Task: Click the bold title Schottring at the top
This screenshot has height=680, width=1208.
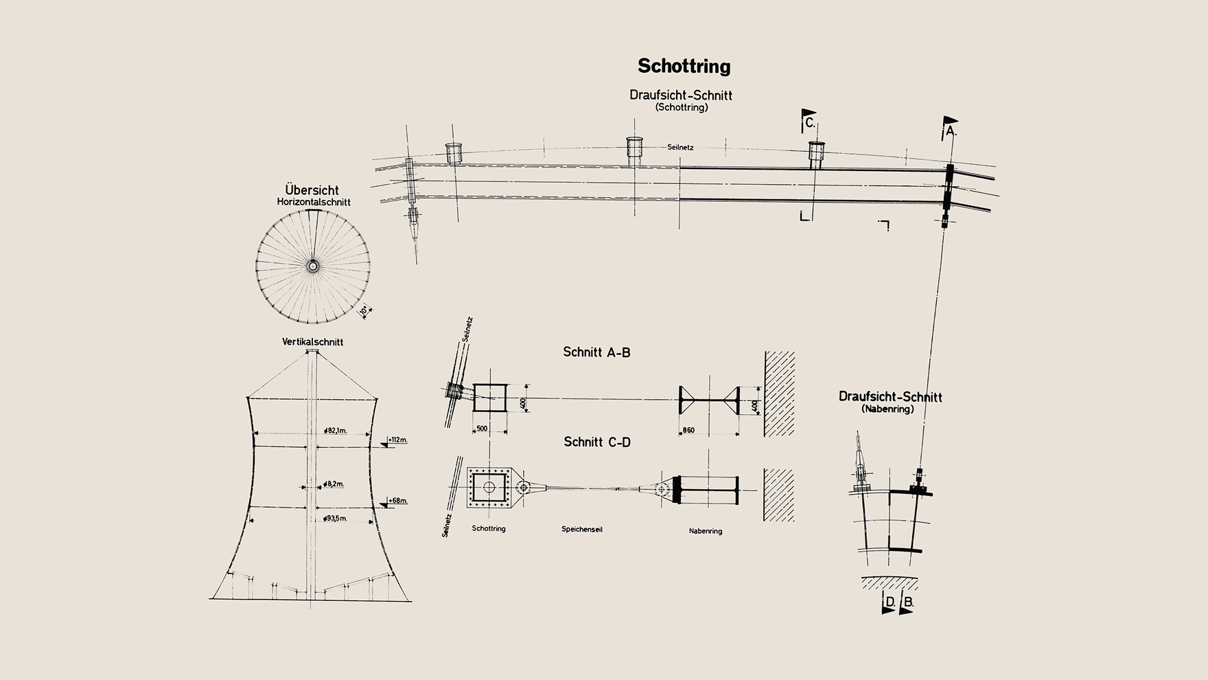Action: coord(684,67)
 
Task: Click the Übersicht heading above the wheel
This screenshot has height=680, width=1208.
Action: coord(312,190)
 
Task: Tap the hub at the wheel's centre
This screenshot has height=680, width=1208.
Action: coord(313,266)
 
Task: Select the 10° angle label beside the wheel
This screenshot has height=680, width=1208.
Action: coord(364,310)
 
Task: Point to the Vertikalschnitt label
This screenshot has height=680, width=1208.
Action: coord(312,342)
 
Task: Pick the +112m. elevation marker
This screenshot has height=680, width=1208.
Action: coord(397,440)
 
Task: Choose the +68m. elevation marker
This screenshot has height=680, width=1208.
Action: coord(397,501)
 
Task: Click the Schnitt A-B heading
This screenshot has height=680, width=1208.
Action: coord(596,352)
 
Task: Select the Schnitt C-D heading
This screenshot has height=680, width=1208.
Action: coord(597,442)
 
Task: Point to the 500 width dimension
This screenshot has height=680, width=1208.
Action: coord(482,429)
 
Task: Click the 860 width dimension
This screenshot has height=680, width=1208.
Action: coord(687,431)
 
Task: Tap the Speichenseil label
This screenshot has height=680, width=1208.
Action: coord(582,530)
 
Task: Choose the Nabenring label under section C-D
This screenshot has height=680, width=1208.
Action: coord(706,531)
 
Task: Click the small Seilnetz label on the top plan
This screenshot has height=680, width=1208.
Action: coord(680,148)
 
